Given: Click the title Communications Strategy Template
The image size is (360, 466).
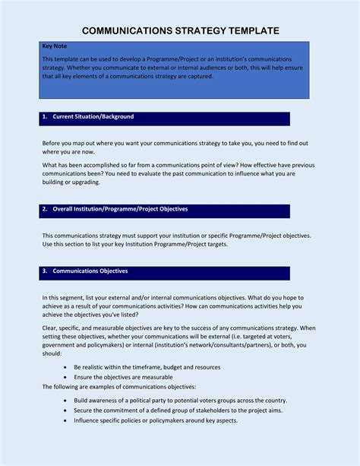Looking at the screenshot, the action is [181, 30].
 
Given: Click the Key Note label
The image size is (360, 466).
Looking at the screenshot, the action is [54, 46].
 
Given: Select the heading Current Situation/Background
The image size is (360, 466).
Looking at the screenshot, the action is [93, 117].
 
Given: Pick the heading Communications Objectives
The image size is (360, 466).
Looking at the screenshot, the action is [90, 271].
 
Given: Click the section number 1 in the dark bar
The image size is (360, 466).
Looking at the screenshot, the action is [45, 117].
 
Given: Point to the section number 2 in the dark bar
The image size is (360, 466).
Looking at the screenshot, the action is [45, 209].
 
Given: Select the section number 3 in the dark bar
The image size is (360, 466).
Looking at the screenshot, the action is [45, 271].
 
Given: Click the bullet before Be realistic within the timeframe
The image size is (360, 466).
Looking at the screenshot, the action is [66, 367].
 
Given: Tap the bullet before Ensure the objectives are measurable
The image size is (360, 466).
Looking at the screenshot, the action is [66, 377].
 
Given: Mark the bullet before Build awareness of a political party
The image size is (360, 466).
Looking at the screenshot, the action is [66, 401].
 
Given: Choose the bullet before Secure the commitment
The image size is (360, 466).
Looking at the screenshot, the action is [66, 411].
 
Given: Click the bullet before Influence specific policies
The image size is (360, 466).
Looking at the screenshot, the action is [66, 420].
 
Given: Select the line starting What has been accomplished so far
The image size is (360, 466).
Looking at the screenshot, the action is [178, 165].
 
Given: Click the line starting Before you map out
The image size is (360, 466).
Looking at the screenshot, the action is [175, 143].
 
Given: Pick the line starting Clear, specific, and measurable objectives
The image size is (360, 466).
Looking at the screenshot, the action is [178, 328].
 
